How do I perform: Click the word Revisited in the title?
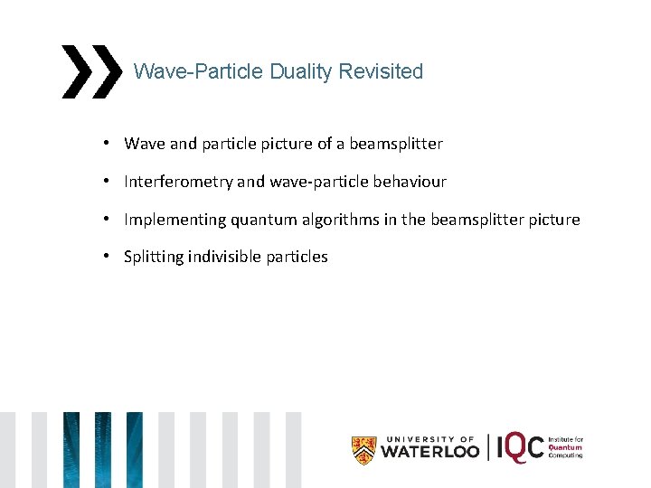point(381,71)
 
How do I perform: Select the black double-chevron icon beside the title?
point(90,71)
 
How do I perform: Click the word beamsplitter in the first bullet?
point(394,144)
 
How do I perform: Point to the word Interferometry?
point(178,182)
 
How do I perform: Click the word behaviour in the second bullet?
point(409,182)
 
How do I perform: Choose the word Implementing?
point(173,220)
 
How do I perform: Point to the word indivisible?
point(222,257)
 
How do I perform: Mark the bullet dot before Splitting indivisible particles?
point(106,257)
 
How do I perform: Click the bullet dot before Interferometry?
point(106,182)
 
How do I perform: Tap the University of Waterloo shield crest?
point(363,449)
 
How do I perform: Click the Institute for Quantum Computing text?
point(566,447)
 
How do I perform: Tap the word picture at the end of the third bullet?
point(552,220)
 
